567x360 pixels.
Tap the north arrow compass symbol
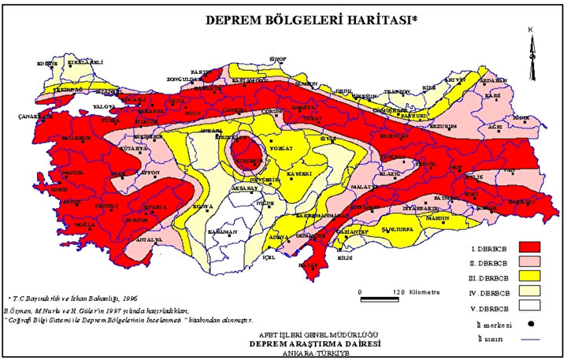tap(532, 50)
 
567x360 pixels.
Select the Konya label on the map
tap(203, 206)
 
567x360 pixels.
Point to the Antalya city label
tap(149, 239)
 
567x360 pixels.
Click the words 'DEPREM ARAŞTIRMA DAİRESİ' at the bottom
tap(314, 343)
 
